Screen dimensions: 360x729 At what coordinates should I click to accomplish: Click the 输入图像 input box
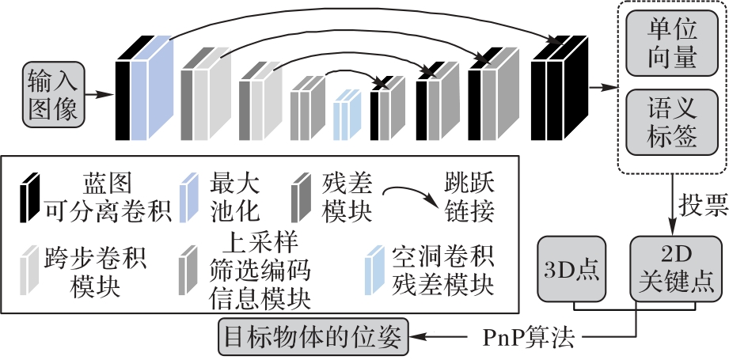[x=53, y=93]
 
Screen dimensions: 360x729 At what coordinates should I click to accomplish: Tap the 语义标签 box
[x=672, y=122]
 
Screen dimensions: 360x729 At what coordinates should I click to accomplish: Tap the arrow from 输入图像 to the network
[x=98, y=93]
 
